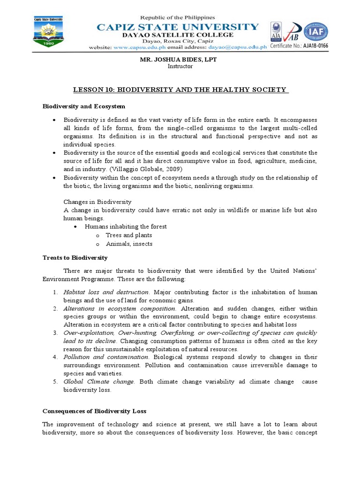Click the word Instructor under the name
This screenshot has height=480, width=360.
180,66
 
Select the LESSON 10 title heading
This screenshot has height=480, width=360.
180,89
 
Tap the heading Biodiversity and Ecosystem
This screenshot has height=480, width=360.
84,107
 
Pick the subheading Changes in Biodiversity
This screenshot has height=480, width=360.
97,202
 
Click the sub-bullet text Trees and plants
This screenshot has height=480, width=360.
129,235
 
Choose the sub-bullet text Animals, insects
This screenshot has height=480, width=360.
129,244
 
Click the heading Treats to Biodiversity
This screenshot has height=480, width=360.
75,257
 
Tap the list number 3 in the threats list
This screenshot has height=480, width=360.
55,333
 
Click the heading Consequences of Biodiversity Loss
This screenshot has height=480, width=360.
94,411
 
